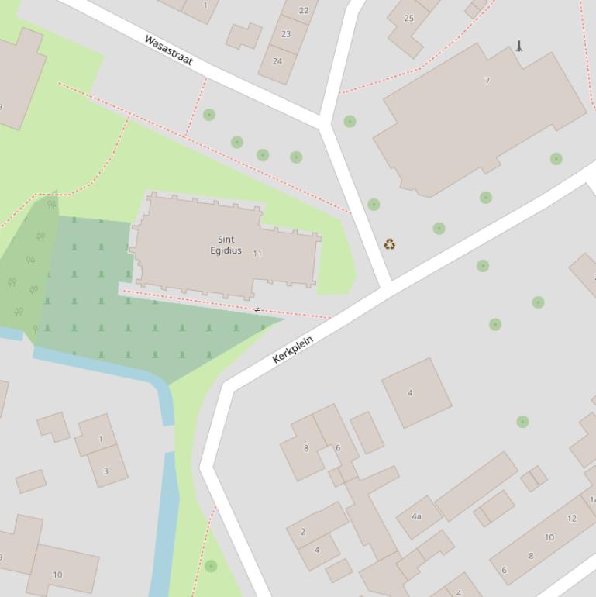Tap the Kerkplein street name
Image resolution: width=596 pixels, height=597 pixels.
[293, 349]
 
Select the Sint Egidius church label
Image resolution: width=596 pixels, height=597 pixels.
[226, 245]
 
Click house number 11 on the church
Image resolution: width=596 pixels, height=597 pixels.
[257, 254]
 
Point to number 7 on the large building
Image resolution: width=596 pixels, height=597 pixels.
[487, 81]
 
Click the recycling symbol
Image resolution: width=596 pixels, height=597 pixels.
[390, 245]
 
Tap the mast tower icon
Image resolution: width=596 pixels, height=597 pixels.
[519, 47]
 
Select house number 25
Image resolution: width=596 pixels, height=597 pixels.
[408, 19]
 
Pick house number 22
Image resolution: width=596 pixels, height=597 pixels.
[304, 11]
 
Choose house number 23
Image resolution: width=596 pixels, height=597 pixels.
[286, 34]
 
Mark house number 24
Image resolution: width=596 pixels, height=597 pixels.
[277, 61]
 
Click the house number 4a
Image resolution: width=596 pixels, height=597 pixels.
[416, 516]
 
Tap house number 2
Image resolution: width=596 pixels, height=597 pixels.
[302, 532]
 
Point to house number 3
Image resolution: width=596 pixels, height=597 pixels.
[105, 471]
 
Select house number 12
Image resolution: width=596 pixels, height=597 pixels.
[572, 519]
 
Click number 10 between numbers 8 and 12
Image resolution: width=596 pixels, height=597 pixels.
[549, 537]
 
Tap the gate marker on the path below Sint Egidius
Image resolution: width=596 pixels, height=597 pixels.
[257, 310]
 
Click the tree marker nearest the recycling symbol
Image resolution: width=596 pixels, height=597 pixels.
[374, 205]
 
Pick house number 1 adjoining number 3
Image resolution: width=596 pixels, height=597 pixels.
[100, 439]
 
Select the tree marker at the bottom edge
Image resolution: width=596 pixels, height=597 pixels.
[211, 566]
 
